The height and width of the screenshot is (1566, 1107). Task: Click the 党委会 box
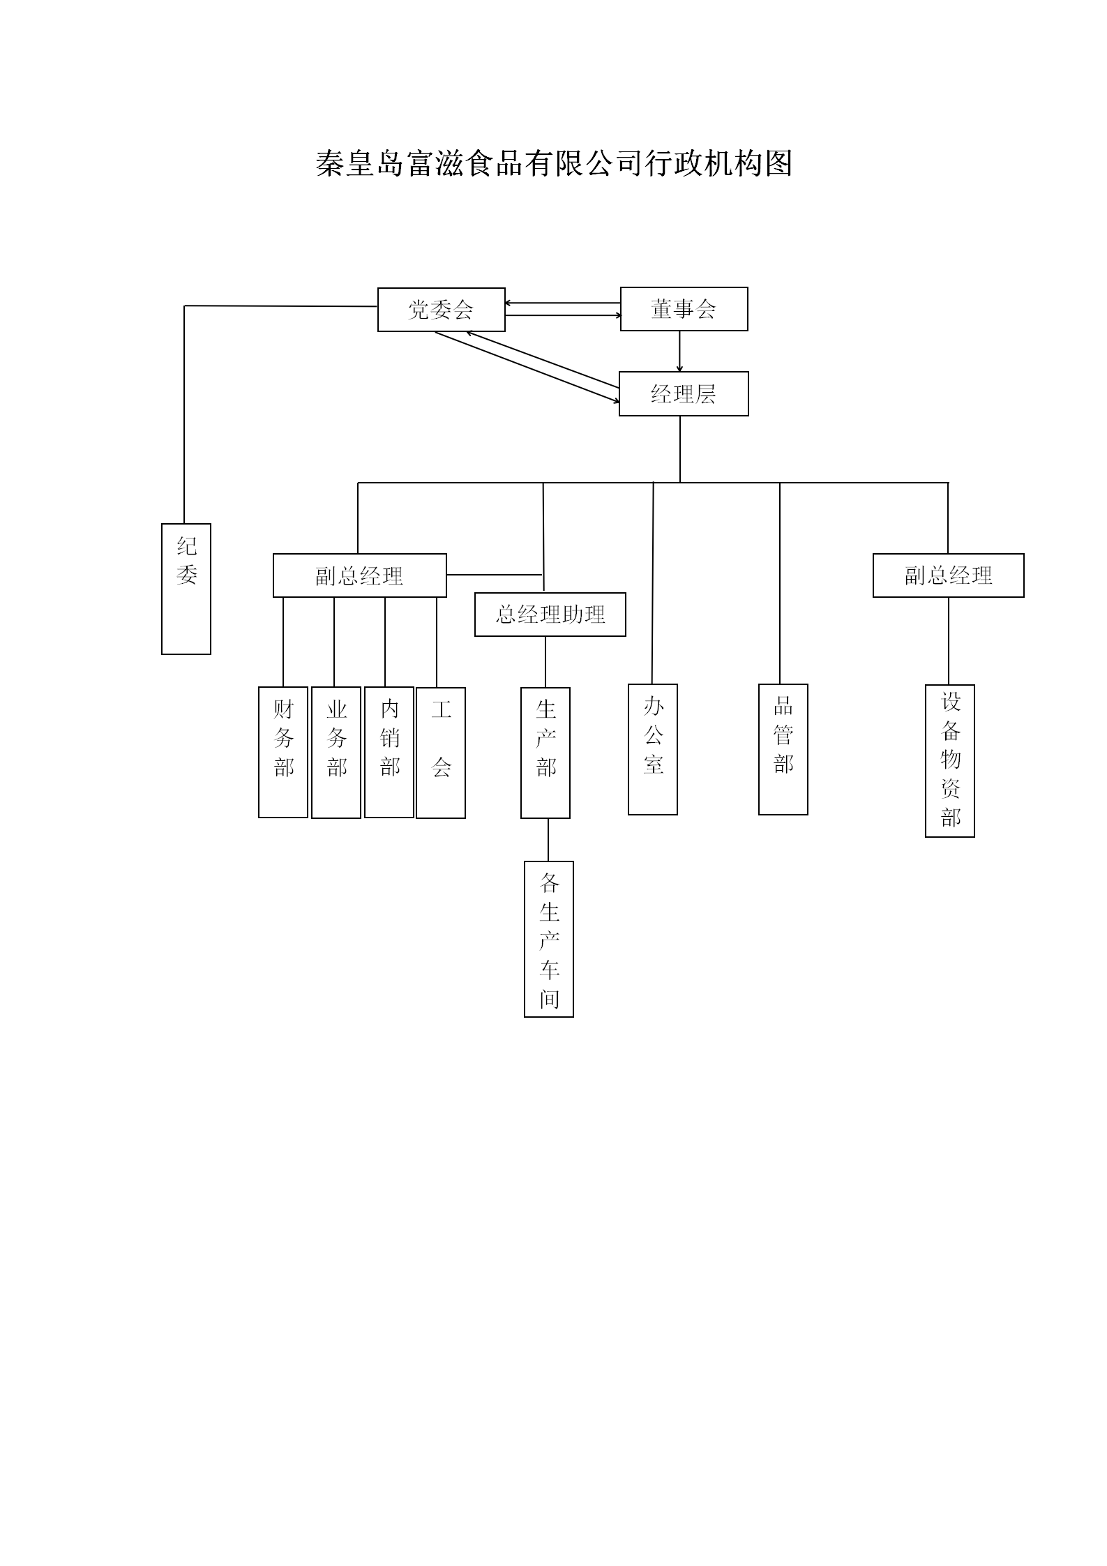(x=441, y=310)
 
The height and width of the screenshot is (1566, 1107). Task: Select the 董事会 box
(x=684, y=309)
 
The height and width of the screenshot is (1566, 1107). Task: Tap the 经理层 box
(x=684, y=394)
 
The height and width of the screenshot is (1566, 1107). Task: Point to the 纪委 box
(x=186, y=589)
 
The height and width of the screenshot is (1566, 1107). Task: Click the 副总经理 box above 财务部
(x=359, y=575)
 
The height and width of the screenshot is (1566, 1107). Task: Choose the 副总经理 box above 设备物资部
(x=948, y=575)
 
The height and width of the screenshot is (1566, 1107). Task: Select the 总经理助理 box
(x=550, y=615)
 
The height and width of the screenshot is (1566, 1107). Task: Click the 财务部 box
(x=283, y=752)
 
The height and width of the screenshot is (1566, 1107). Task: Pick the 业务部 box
(x=336, y=752)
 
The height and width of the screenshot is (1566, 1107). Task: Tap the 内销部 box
(x=389, y=752)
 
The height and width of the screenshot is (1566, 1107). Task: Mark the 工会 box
(x=441, y=753)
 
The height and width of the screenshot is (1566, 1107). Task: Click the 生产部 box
(x=545, y=753)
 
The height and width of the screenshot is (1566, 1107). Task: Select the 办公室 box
(x=653, y=749)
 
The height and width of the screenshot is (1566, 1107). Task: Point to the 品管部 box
(x=783, y=749)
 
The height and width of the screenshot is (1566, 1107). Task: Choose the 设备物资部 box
(x=950, y=760)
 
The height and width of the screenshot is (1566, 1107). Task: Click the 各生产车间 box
(x=549, y=939)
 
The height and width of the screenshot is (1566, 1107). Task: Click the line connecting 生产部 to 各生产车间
(x=548, y=840)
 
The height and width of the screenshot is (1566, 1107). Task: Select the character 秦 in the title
(x=330, y=164)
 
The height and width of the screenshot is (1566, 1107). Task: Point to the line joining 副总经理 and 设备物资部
(x=949, y=640)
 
